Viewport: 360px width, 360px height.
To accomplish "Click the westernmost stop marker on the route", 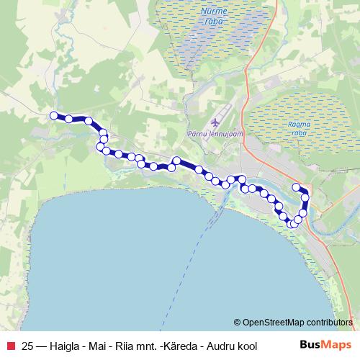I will click(53, 115).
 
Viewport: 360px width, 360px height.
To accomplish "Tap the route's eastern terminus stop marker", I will click(296, 187).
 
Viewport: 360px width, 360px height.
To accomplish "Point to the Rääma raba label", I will click(298, 128).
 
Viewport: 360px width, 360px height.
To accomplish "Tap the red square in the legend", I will click(10, 346).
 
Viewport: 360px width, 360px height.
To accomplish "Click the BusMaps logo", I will click(325, 345).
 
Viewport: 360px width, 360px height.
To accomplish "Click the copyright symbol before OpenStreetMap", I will click(238, 323).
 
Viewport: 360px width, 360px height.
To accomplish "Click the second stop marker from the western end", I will click(69, 118).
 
